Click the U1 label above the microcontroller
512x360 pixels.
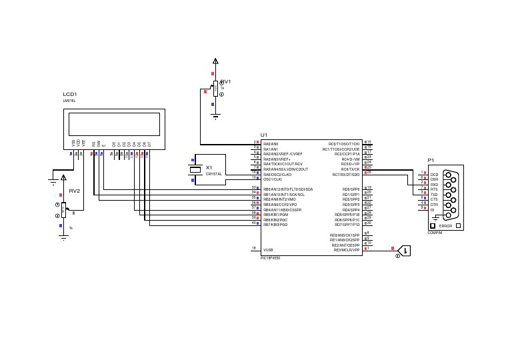click(x=264, y=135)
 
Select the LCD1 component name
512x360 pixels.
click(x=70, y=95)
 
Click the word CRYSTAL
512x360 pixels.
click(x=213, y=174)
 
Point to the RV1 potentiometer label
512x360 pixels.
click(x=225, y=82)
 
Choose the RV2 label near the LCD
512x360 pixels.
click(x=74, y=191)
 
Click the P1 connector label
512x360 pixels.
click(x=431, y=161)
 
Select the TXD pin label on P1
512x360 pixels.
click(x=434, y=195)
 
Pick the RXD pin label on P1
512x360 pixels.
click(x=434, y=185)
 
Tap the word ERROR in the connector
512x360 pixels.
click(x=445, y=227)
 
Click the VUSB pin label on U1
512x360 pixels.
click(x=268, y=249)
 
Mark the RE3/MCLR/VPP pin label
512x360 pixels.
click(x=346, y=250)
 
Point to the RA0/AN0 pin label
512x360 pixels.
click(x=271, y=143)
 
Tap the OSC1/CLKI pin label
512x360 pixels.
click(x=273, y=179)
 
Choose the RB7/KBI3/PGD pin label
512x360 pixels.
click(x=275, y=225)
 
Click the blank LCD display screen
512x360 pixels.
click(x=114, y=123)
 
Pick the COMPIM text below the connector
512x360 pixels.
click(x=435, y=233)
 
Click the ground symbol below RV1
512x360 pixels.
click(x=215, y=117)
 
